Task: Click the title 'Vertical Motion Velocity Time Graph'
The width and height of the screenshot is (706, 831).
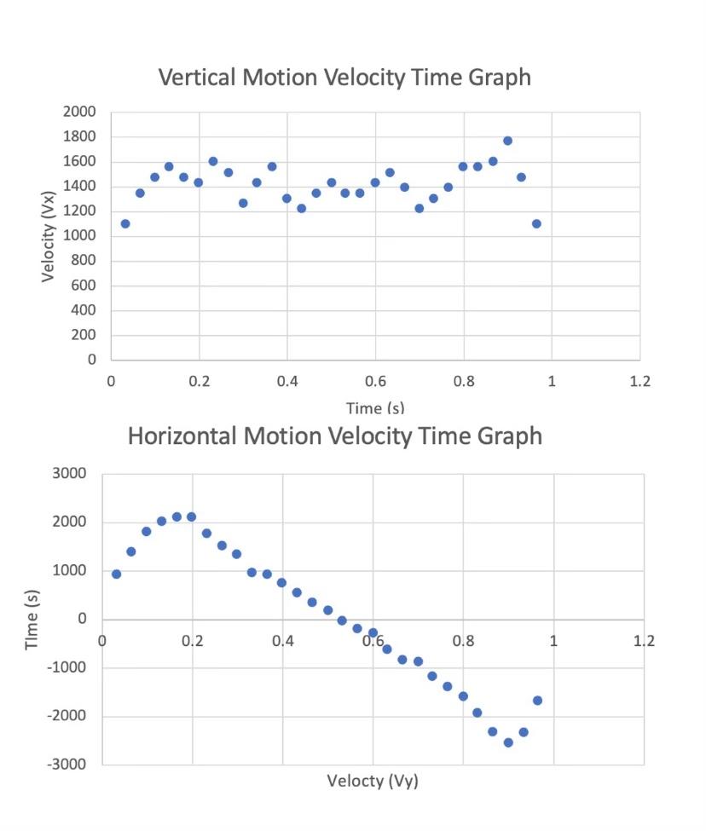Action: point(344,78)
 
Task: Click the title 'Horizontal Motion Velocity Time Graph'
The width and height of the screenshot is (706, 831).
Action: point(334,436)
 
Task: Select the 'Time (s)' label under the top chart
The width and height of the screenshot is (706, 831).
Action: point(374,408)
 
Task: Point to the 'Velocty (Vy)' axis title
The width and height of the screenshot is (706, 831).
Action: point(373,781)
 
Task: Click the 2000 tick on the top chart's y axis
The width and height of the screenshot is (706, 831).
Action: point(79,113)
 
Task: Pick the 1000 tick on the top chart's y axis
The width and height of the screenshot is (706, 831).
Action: point(79,236)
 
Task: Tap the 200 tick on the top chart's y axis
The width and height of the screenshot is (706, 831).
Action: point(84,335)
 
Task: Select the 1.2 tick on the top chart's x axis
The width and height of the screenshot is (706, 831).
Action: point(639,381)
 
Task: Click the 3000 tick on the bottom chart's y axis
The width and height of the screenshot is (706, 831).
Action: point(71,474)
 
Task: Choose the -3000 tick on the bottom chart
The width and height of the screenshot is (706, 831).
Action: point(68,765)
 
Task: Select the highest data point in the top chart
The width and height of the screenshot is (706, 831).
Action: point(507,141)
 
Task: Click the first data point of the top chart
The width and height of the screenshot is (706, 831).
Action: point(125,223)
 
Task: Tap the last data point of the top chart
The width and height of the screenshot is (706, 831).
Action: point(536,223)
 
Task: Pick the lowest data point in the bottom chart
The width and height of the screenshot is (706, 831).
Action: point(508,742)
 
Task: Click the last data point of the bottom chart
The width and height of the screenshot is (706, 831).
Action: point(537,701)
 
